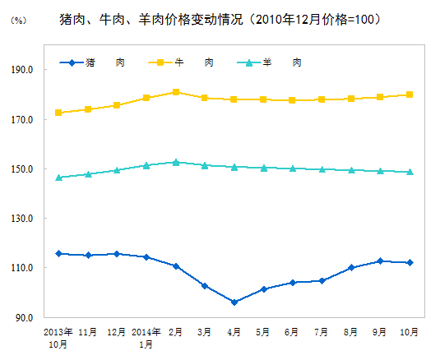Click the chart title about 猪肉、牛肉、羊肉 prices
click(220, 18)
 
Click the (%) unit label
click(17, 20)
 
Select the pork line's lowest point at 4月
click(234, 302)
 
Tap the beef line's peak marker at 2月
click(176, 92)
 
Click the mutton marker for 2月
click(176, 162)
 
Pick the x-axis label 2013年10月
click(58, 338)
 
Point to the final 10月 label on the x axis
click(409, 332)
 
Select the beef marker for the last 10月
click(410, 95)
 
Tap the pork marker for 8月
click(351, 268)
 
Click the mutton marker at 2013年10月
click(58, 178)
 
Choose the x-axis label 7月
click(322, 332)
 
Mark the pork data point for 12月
click(117, 254)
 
